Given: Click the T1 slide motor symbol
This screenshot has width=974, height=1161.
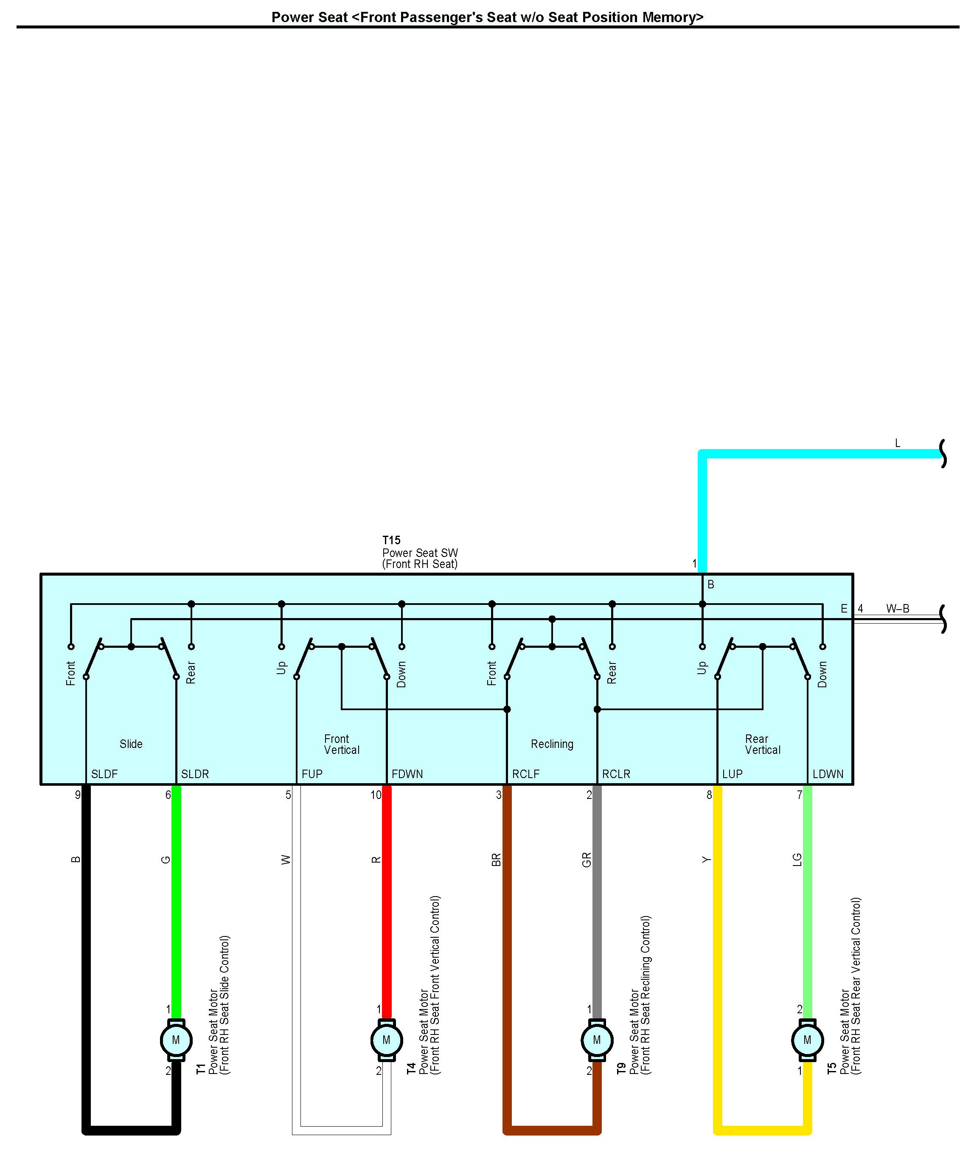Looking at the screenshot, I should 176,1040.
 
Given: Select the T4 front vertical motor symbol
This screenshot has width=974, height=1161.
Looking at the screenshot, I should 386,1040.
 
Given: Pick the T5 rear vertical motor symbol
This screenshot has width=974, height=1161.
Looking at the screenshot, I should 807,1040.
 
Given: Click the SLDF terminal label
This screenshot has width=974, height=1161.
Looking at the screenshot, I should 104,774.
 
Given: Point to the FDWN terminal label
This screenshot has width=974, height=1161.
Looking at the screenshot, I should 407,774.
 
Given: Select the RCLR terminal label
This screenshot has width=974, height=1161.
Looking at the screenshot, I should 616,774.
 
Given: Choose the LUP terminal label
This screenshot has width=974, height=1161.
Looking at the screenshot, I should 732,774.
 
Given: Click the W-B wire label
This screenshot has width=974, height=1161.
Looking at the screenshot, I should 897,609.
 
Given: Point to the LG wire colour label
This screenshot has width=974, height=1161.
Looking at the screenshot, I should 797,860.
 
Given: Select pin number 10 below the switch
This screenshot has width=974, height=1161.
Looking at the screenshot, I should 376,795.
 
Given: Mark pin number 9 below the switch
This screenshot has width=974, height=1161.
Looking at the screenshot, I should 78,795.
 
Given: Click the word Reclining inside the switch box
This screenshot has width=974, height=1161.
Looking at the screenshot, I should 552,744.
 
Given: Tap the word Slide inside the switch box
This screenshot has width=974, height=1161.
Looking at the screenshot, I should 131,744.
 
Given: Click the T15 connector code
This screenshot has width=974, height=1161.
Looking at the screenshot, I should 391,540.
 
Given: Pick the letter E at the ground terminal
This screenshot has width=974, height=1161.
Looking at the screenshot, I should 844,609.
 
